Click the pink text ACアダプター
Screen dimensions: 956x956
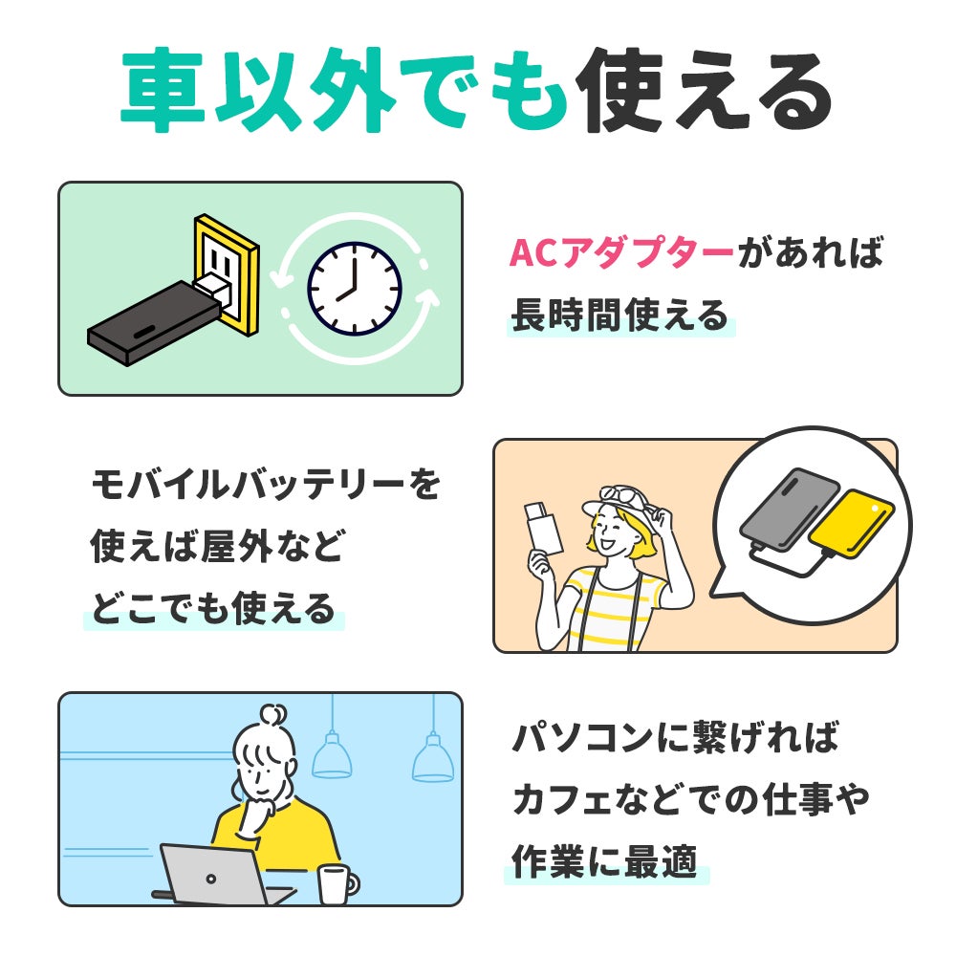tap(621, 254)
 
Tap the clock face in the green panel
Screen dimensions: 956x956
tap(354, 288)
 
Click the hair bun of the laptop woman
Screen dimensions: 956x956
tap(272, 715)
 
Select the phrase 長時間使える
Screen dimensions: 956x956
tap(619, 315)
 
